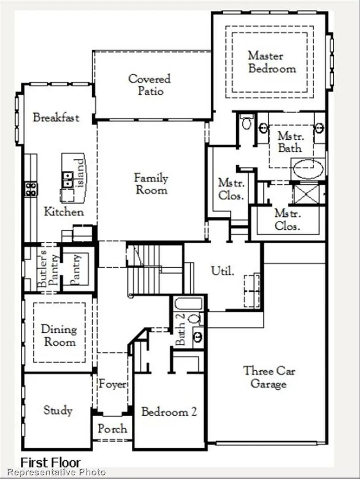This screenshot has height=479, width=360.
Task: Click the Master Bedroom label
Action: [272, 62]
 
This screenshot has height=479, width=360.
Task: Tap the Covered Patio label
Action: [149, 85]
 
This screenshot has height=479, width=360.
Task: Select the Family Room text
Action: [151, 184]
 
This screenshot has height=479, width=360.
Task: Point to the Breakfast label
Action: [56, 118]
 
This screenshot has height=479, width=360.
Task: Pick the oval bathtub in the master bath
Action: [308, 169]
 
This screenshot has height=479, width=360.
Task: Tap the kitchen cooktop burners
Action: [31, 189]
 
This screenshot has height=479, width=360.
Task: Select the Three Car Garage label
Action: [269, 377]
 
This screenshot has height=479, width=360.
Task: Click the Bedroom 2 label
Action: [169, 412]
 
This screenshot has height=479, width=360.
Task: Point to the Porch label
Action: [112, 429]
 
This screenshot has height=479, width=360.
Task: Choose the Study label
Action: [58, 410]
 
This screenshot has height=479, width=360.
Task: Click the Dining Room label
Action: [59, 336]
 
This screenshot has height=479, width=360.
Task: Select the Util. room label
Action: [222, 271]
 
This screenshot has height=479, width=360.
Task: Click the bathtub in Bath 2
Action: [189, 304]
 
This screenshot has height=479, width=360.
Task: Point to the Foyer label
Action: [112, 385]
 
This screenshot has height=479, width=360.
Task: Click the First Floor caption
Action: [51, 463]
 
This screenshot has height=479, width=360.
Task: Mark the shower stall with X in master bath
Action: [307, 194]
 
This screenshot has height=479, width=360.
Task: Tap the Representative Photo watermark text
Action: [56, 472]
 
